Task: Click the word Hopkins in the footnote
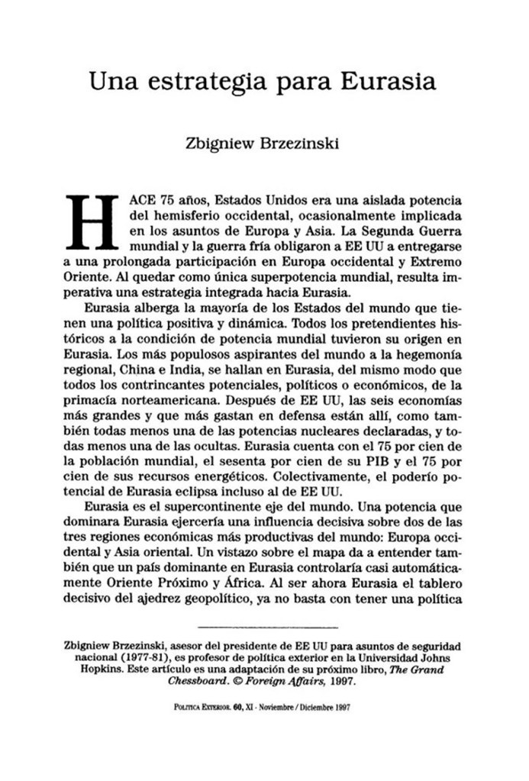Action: [104, 670]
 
